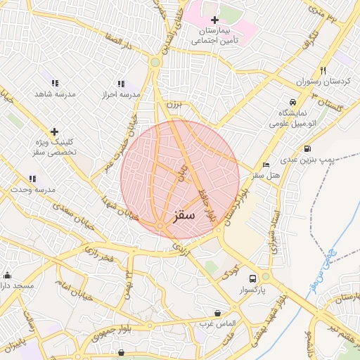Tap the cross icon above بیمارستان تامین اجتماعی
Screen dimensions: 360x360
[x=214, y=20]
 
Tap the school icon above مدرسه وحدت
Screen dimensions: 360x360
[x=32, y=179]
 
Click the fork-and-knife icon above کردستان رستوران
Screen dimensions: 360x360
[x=323, y=70]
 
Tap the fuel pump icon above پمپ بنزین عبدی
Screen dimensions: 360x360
[x=307, y=148]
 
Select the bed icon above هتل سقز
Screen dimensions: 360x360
[x=265, y=165]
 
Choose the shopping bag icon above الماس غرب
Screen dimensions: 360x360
[x=217, y=312]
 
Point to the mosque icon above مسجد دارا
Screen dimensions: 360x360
[x=7, y=275]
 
